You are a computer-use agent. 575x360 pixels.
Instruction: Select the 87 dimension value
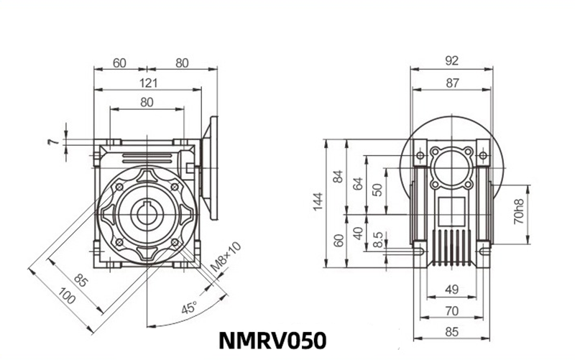[451, 83]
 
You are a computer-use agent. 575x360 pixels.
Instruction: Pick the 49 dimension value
[451, 290]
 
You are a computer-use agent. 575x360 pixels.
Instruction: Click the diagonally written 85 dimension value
[80, 280]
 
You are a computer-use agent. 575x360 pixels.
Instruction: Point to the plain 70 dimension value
[451, 312]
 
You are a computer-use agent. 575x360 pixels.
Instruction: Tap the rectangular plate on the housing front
[451, 211]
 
